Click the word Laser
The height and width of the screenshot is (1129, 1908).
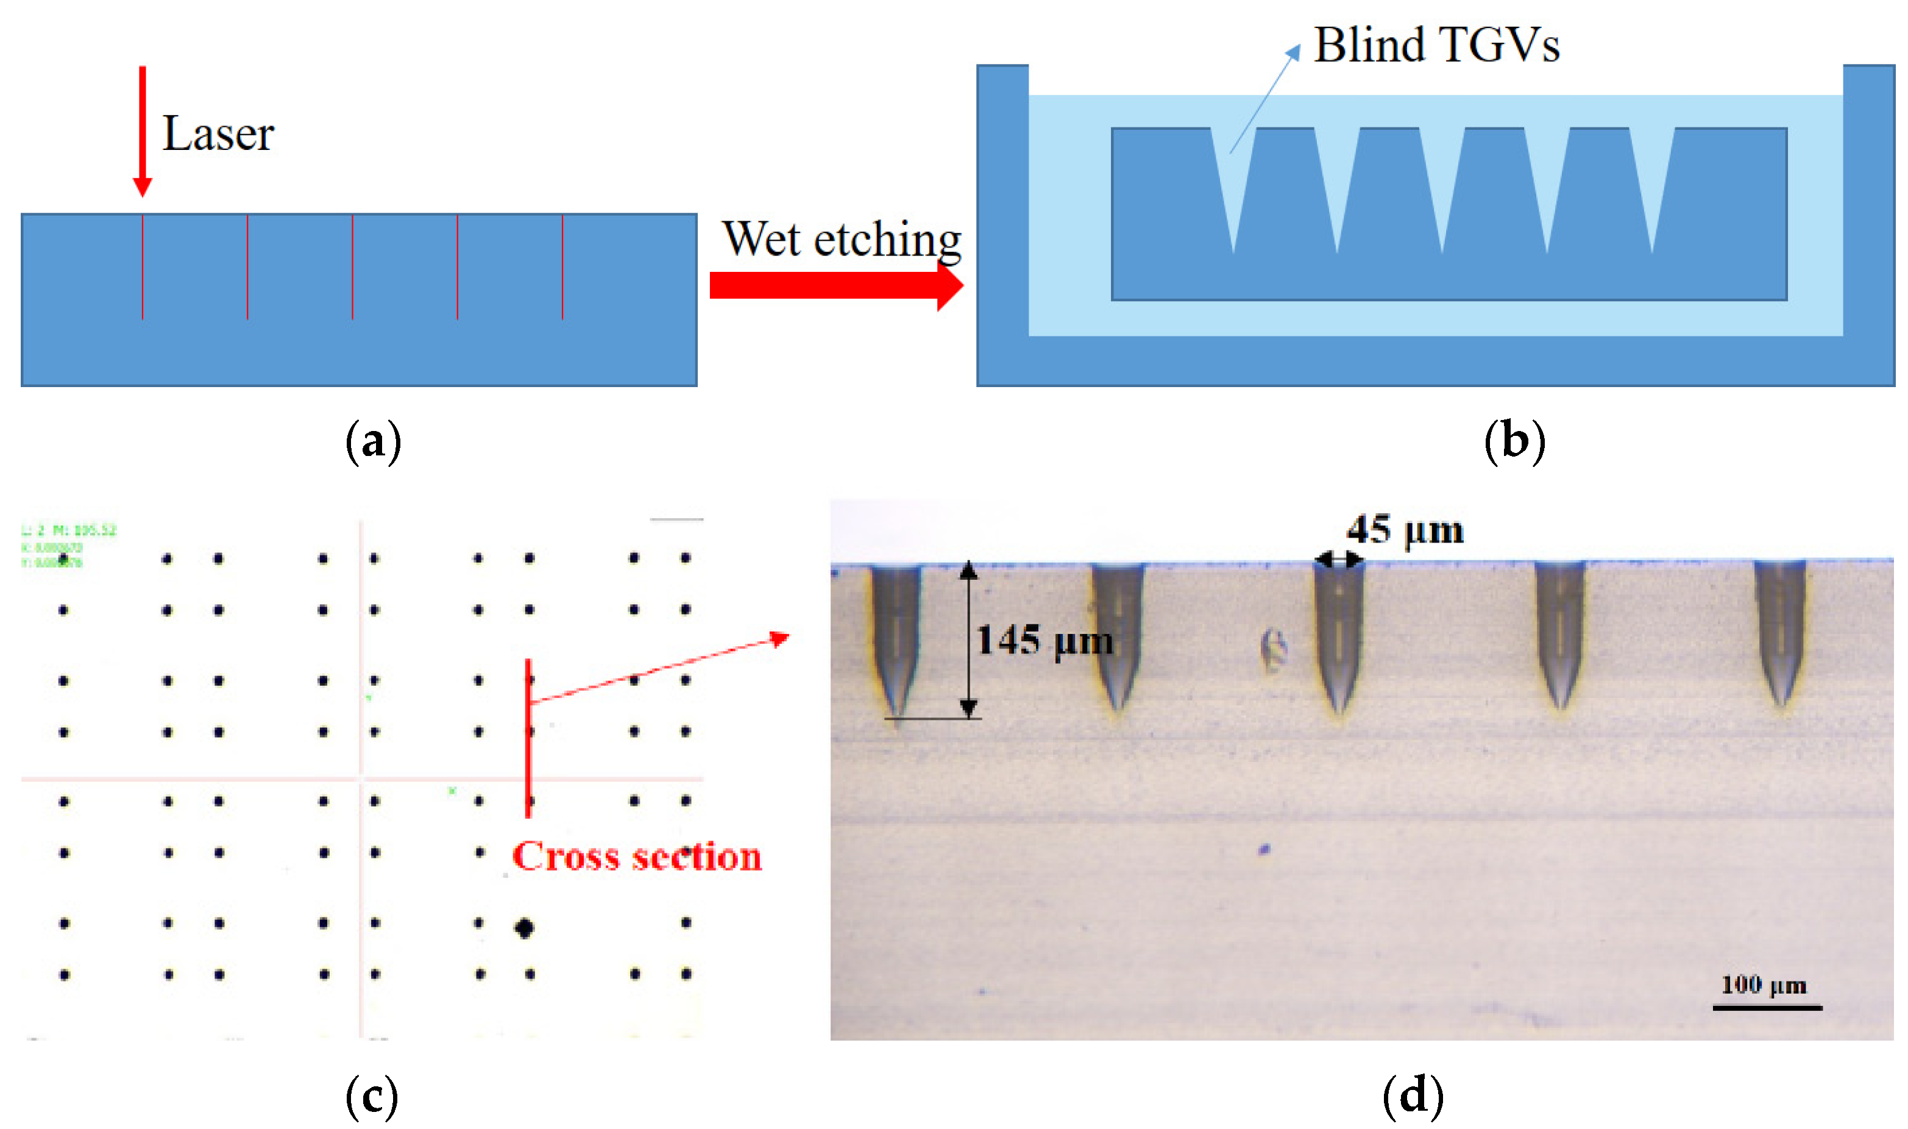(x=218, y=134)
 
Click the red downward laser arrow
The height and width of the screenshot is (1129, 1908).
(x=142, y=129)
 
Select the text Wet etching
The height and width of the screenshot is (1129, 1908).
(x=841, y=239)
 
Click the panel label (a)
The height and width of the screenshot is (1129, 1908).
(x=372, y=442)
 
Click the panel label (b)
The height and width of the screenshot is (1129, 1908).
(x=1514, y=442)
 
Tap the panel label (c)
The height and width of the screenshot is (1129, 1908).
(x=371, y=1095)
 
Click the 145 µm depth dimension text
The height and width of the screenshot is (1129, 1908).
(x=1043, y=641)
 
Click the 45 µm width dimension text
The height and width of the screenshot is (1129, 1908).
(x=1405, y=530)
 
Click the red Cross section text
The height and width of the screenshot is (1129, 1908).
(x=636, y=857)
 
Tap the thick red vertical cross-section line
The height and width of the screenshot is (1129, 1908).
(x=528, y=738)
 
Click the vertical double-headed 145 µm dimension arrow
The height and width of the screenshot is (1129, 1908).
(x=968, y=639)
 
